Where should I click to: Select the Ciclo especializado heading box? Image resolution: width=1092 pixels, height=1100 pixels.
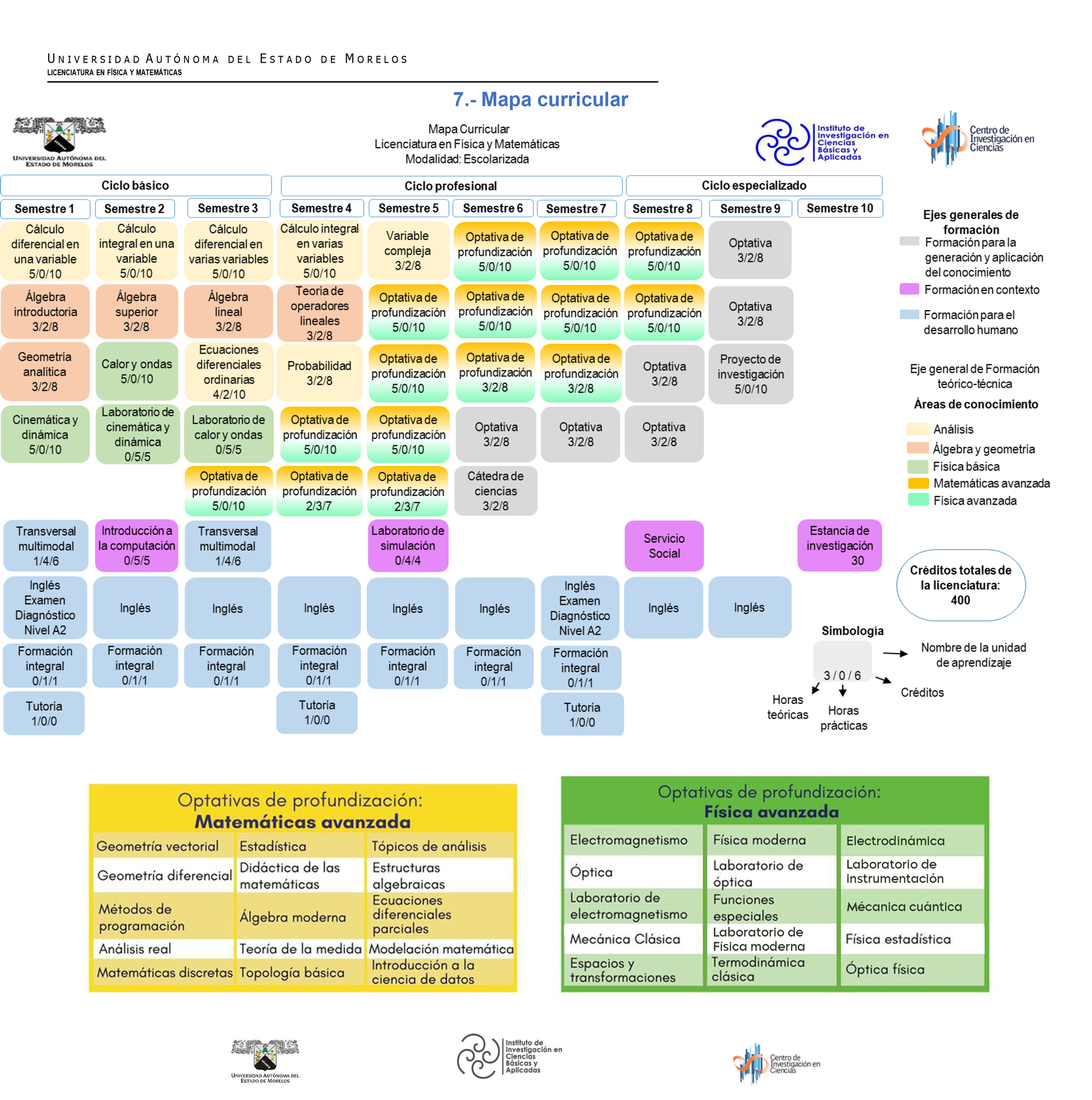pos(753,186)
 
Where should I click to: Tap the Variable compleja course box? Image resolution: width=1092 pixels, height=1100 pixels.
pos(407,251)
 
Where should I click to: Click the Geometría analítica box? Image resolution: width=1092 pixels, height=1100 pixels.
pos(44,371)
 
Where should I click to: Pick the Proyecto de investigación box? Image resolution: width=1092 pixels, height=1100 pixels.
pos(750,374)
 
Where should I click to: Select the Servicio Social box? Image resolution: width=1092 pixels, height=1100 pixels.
pos(663,545)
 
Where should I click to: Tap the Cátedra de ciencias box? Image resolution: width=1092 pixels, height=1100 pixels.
pos(495,490)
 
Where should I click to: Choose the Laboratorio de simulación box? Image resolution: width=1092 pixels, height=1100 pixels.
pos(407,545)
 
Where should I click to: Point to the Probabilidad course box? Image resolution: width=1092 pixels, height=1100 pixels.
pos(319,372)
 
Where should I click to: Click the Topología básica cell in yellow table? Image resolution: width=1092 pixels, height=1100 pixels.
pos(291,973)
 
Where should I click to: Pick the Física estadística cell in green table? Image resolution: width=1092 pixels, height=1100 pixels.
pos(898,939)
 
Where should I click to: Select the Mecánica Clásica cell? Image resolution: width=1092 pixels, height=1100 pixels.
pos(625,939)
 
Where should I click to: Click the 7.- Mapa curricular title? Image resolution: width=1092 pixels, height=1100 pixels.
pos(540,100)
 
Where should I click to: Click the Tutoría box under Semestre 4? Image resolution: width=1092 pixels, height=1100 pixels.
pos(316,712)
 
